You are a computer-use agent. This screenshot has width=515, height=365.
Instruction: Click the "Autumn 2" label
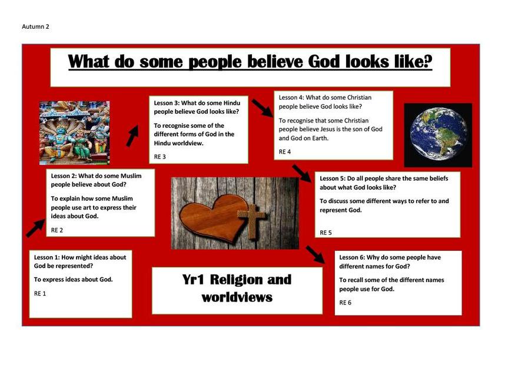(35, 26)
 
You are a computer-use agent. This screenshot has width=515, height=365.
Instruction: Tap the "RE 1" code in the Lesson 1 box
(40, 293)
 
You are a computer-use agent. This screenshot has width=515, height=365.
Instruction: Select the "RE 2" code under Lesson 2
(57, 230)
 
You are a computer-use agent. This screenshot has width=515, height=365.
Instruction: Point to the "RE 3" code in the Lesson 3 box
(160, 157)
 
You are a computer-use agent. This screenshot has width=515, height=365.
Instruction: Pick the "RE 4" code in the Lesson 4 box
(285, 151)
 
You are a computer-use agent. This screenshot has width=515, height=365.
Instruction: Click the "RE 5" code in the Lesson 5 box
(326, 233)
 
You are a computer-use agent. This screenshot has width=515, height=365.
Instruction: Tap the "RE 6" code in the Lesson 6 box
(345, 303)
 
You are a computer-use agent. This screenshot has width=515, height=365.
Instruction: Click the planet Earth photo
(438, 135)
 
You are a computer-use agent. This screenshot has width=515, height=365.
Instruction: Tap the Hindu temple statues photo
(74, 132)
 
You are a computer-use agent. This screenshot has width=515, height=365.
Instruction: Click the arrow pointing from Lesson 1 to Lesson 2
(35, 228)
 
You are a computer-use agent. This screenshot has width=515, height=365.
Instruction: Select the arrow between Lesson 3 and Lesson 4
(263, 108)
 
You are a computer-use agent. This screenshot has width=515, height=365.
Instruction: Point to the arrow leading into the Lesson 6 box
(315, 254)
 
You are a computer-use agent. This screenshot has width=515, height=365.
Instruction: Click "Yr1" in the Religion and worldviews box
(193, 280)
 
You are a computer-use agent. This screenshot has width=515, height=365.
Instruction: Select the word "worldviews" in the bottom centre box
(237, 297)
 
